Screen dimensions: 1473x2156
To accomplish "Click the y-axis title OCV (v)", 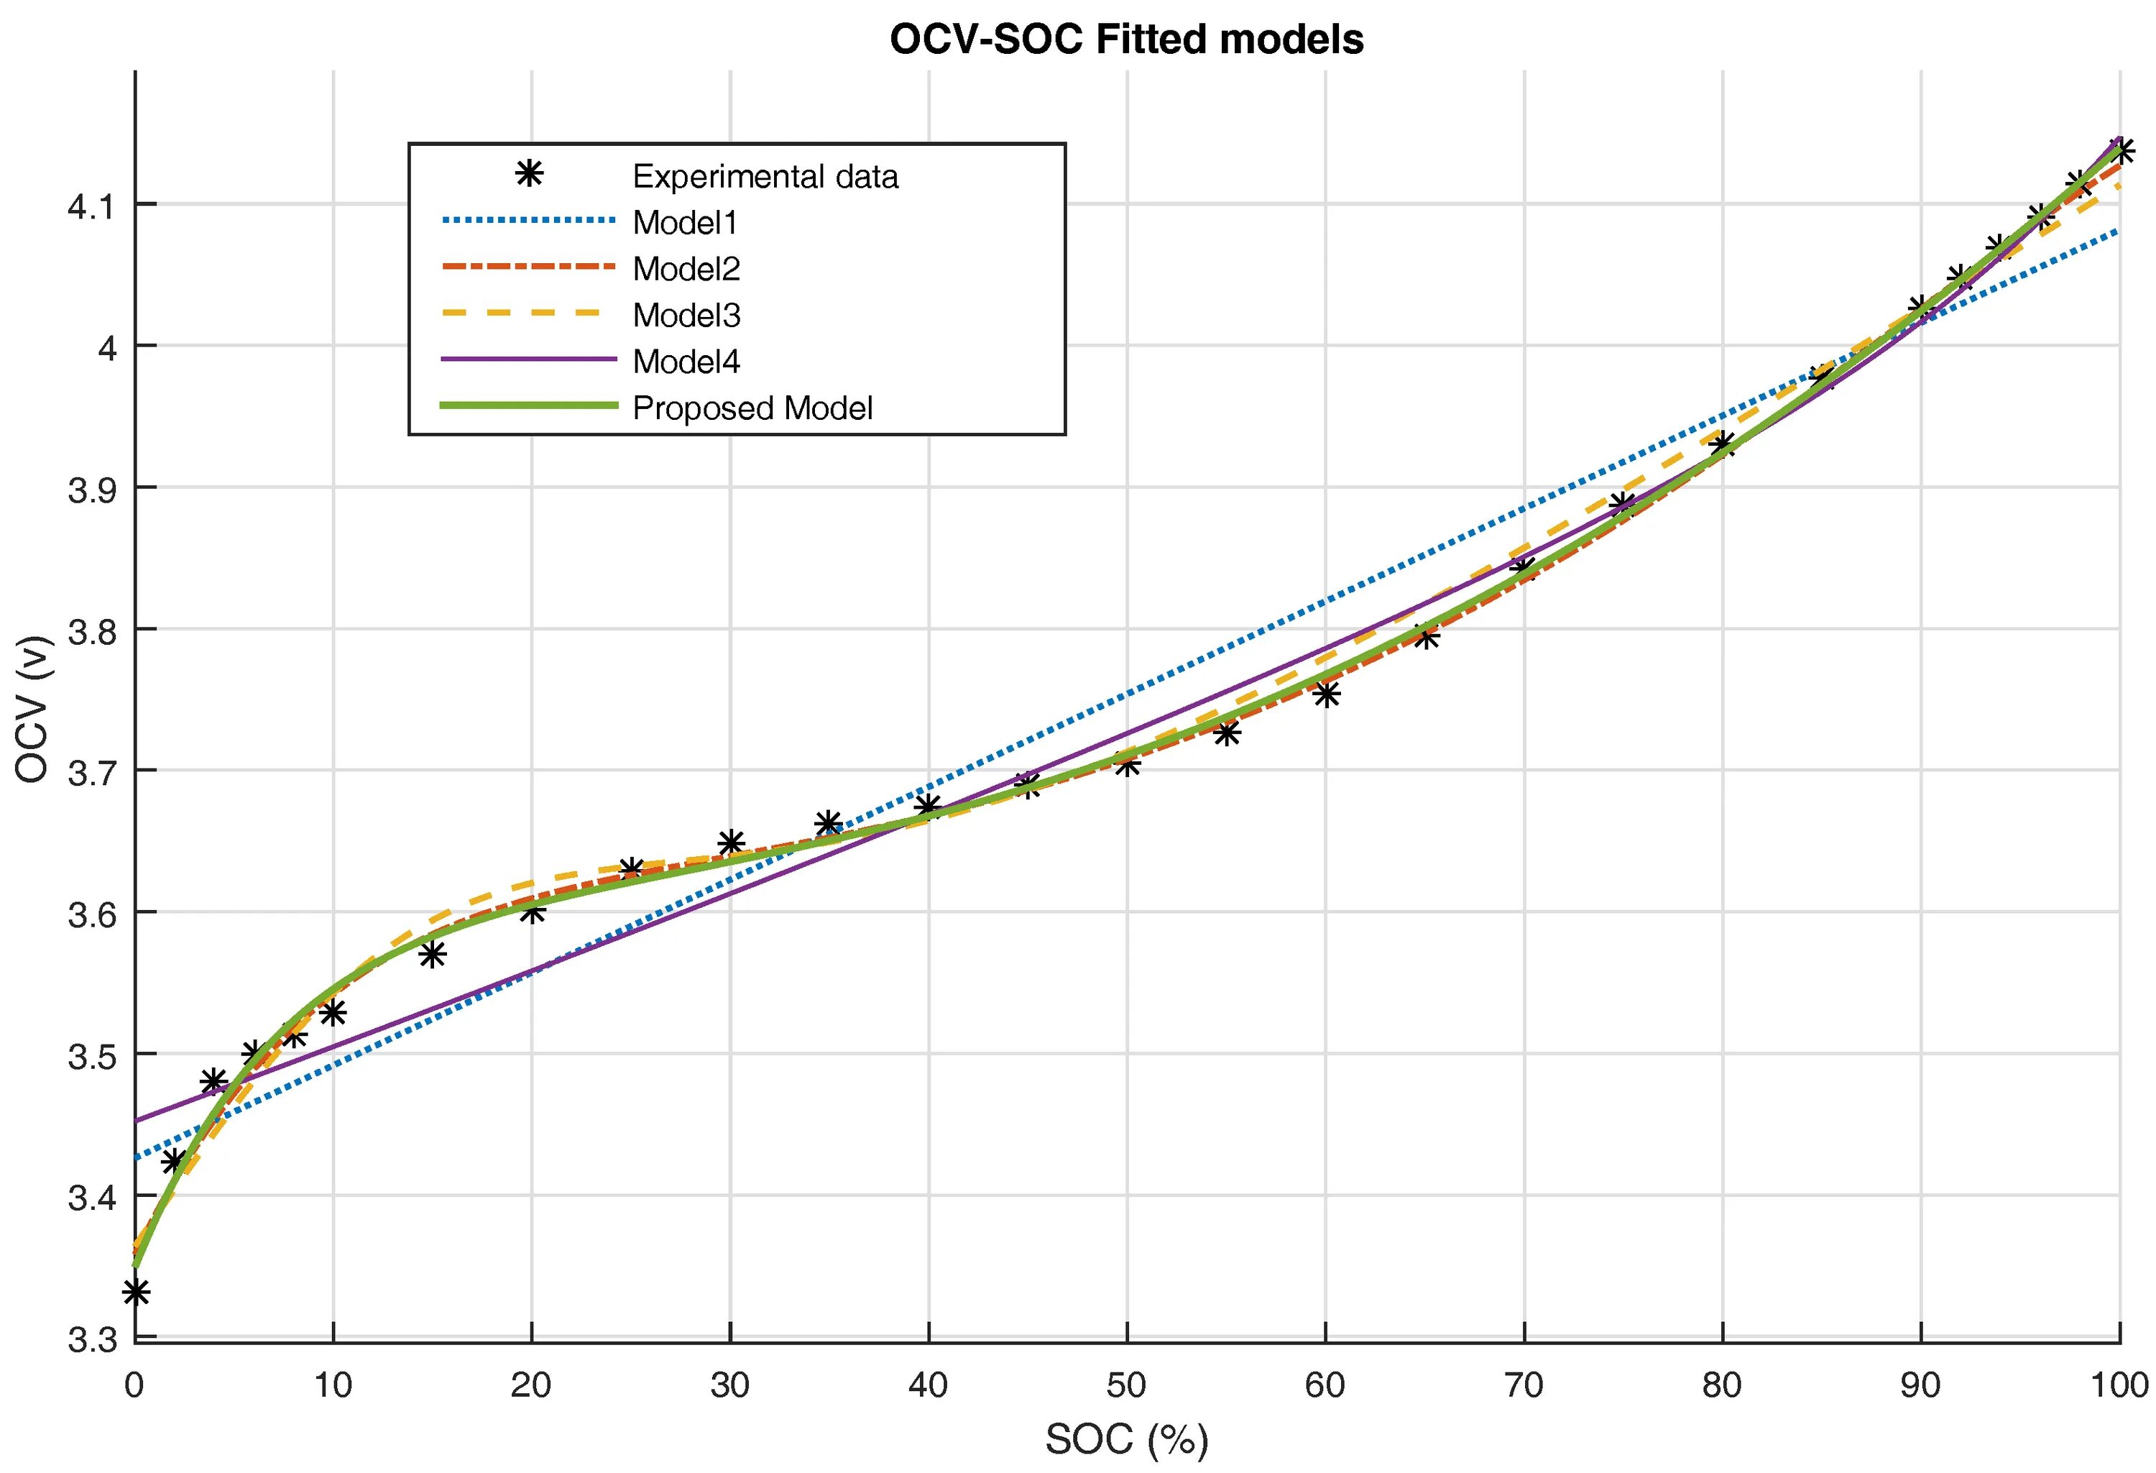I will click(32, 708).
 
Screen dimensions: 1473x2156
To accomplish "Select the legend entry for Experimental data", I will click(765, 176).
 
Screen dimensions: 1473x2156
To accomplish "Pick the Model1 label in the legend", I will click(685, 223).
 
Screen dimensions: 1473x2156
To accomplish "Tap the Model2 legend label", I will click(686, 269).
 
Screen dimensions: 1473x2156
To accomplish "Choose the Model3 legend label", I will click(686, 316).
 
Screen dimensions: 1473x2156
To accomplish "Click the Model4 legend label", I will click(686, 362).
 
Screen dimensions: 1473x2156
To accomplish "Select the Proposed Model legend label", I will click(752, 408).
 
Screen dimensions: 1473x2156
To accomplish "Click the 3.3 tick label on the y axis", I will click(90, 1339).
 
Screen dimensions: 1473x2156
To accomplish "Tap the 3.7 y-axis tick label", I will click(90, 772).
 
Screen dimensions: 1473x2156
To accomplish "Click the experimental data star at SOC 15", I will click(433, 954).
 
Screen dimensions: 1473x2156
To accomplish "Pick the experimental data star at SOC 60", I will click(1326, 693).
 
